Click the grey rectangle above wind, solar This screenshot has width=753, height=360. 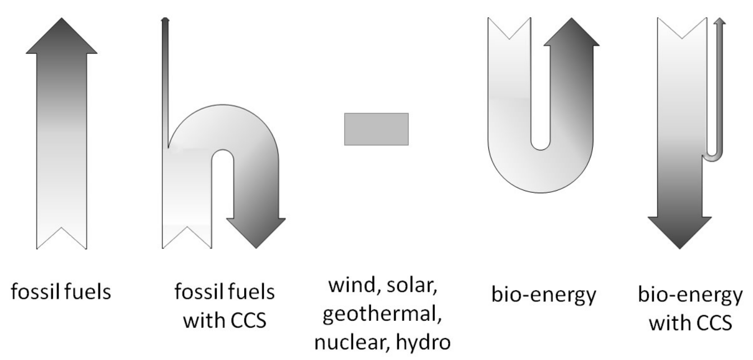(376, 130)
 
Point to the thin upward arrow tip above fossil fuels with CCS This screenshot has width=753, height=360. (165, 20)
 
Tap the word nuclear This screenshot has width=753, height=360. (343, 343)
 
